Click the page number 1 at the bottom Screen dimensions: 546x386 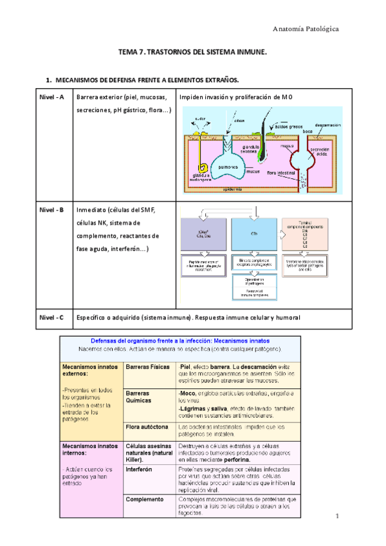click(337, 517)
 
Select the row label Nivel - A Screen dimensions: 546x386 click(51, 97)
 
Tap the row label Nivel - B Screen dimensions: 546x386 click(51, 211)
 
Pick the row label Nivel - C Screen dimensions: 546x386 click(51, 317)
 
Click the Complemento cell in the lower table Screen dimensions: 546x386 click(144, 482)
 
